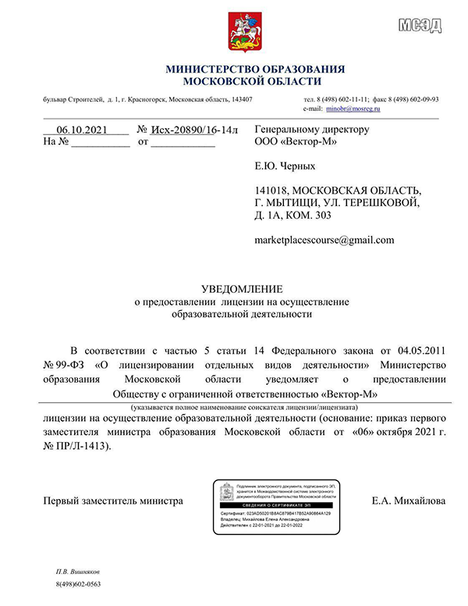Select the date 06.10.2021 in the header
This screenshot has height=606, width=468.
pos(76,130)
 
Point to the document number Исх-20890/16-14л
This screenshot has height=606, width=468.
pos(194,130)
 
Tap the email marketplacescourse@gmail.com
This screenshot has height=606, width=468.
pos(324,240)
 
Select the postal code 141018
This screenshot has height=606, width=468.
pos(272,190)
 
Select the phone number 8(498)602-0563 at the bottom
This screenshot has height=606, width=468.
pos(79,584)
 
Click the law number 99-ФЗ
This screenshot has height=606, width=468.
pos(72,364)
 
